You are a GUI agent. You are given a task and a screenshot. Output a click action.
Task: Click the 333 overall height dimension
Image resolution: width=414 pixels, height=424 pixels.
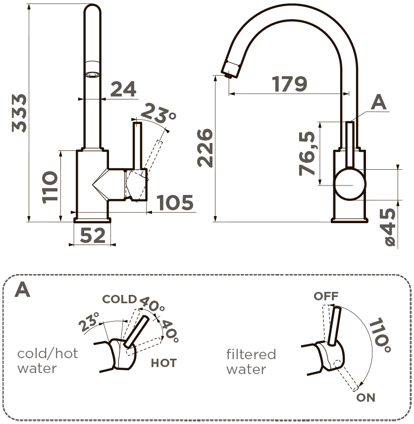coord(19,112)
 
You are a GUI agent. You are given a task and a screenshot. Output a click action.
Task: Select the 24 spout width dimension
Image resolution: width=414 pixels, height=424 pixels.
coord(123,89)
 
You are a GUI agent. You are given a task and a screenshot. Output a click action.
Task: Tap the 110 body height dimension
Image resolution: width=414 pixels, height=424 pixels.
coord(50,187)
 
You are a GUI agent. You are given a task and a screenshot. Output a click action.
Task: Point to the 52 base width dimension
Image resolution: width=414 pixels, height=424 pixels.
coord(93,236)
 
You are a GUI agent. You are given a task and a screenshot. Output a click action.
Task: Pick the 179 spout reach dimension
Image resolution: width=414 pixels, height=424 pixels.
coord(290,84)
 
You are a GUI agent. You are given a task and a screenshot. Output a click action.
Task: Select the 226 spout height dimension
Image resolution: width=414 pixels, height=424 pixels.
coord(204,148)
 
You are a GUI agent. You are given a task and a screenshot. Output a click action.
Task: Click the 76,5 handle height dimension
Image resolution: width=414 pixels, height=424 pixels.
coord(308,154)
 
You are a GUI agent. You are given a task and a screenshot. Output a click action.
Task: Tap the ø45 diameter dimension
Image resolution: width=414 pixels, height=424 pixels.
coord(389,228)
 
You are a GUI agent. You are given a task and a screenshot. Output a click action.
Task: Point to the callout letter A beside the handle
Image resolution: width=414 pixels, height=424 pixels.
coord(379,102)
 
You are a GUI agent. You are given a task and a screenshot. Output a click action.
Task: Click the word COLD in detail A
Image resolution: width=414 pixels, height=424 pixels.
coord(119,299)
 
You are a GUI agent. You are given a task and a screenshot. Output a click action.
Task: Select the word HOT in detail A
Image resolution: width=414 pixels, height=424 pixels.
coord(163,363)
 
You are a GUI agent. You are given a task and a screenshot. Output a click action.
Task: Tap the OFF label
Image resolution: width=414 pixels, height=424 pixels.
coord(326,296)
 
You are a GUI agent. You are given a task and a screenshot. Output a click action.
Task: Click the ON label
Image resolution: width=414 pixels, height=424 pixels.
coord(365,397)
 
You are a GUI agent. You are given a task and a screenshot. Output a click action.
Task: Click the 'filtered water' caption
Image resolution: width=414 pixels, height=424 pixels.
coord(251,362)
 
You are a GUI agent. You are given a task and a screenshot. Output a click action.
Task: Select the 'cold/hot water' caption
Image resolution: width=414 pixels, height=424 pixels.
coord(48,361)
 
